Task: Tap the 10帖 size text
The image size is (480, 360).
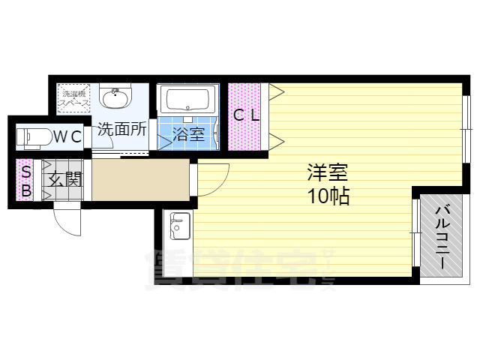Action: (326, 197)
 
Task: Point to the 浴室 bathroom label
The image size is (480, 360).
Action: (188, 136)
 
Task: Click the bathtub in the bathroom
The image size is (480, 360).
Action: (188, 100)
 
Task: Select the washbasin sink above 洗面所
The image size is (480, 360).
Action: (115, 97)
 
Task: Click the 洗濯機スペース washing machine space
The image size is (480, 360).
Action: (74, 97)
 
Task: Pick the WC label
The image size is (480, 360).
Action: (66, 136)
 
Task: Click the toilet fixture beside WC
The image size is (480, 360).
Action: (34, 137)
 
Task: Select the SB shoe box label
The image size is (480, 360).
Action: (25, 181)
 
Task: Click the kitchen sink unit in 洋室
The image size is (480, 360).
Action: (180, 223)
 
